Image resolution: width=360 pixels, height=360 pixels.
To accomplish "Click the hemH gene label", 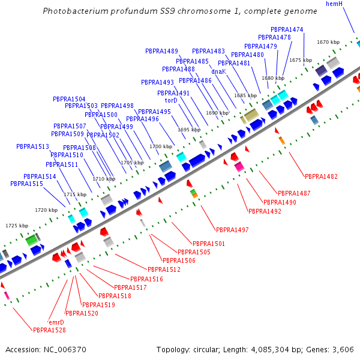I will click(x=334, y=4).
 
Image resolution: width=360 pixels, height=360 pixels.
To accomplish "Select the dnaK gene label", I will click(x=218, y=71).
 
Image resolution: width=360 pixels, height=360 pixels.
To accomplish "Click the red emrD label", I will click(x=56, y=322).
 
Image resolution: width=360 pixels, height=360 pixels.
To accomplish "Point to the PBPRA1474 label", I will click(x=287, y=29).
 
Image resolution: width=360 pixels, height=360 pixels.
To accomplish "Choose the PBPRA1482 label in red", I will click(x=321, y=176).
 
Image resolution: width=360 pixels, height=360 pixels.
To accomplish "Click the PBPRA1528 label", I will click(x=49, y=330).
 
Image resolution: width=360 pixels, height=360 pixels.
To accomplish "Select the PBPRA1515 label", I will click(x=26, y=184).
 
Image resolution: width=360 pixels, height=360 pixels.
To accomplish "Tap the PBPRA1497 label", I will click(x=232, y=230).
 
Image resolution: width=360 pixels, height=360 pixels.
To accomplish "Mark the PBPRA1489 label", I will click(x=161, y=51).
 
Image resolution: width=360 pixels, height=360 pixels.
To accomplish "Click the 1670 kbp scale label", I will click(x=328, y=42).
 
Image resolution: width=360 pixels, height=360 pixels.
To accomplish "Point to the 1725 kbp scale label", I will click(x=17, y=226).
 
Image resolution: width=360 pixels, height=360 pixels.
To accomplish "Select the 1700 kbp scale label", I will click(x=160, y=146).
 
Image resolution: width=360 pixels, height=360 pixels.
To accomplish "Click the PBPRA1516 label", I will click(x=146, y=279).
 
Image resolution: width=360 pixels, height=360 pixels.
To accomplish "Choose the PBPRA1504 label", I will click(x=69, y=99).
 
